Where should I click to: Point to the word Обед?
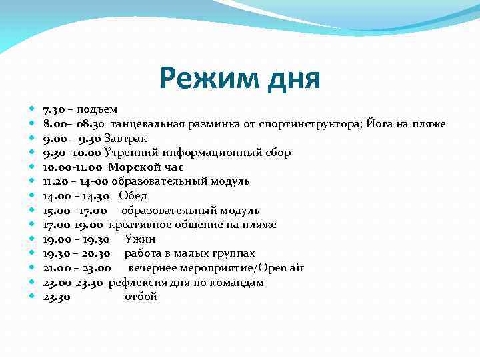[x=133, y=196]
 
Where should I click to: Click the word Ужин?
[x=140, y=239]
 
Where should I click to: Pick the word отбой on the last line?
[x=141, y=297]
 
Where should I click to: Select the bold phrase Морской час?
[x=145, y=167]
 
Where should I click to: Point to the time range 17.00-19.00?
[x=73, y=225]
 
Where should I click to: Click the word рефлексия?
[x=135, y=283]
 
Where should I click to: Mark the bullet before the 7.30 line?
[x=33, y=109]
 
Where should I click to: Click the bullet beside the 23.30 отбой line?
[x=33, y=297]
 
